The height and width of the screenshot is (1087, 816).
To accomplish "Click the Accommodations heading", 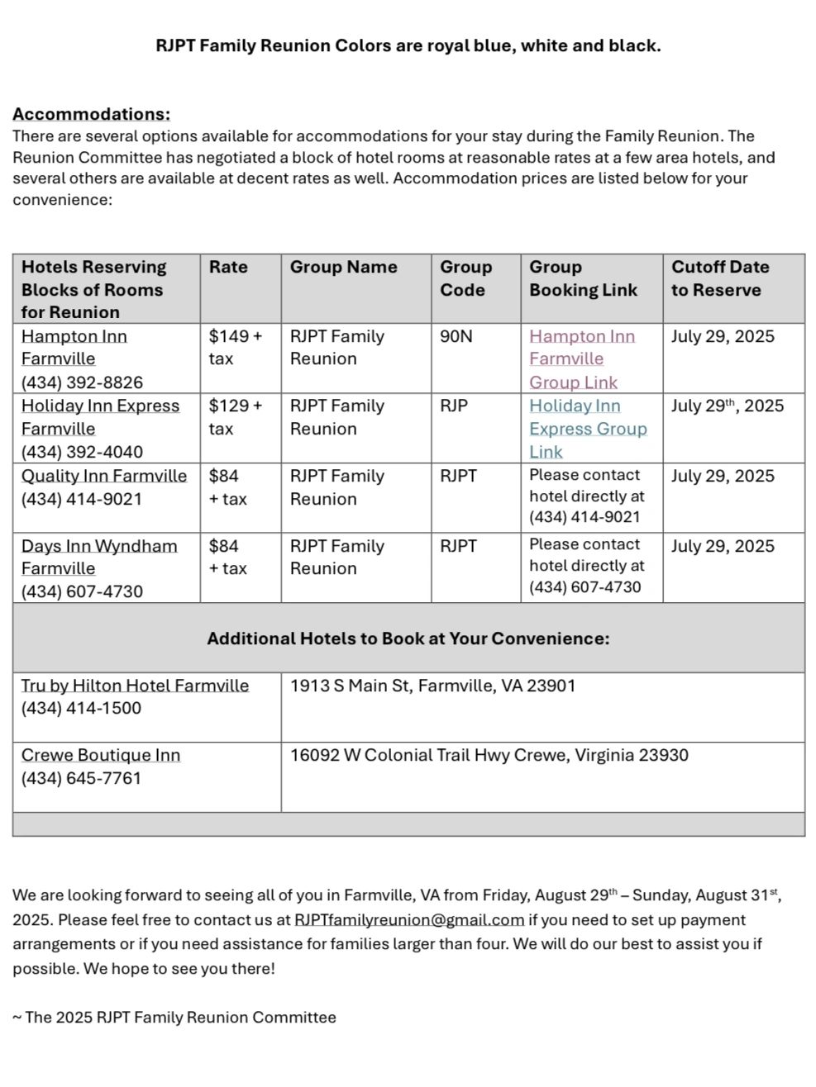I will click(x=91, y=114).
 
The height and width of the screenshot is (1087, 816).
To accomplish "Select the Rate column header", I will click(x=228, y=267).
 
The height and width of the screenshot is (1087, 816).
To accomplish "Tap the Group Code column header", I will click(x=465, y=278).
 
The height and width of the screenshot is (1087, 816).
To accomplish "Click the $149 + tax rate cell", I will click(x=236, y=347).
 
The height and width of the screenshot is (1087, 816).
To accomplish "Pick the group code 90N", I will click(x=456, y=336).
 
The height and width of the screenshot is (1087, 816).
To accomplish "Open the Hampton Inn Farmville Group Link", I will click(x=582, y=359).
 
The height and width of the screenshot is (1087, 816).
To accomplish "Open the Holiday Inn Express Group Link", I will click(x=587, y=429).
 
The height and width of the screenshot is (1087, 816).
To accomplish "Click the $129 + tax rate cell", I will click(x=236, y=417).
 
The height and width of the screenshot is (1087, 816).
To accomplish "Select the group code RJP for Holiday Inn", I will click(x=454, y=406).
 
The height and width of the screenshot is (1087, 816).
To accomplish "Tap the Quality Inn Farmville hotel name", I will click(x=104, y=476).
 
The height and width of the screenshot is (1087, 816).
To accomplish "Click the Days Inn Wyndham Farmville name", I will click(x=99, y=557).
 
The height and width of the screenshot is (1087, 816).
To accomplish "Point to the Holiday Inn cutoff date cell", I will click(x=728, y=406).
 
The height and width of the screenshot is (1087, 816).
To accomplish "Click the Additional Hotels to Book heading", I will click(x=408, y=638).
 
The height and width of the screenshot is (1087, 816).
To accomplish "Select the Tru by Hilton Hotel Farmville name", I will click(x=135, y=686).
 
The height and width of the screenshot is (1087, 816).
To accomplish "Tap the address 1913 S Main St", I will click(x=432, y=686).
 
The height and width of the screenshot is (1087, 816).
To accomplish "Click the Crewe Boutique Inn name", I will click(x=101, y=755).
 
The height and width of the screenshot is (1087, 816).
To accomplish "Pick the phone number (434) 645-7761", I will click(x=81, y=778).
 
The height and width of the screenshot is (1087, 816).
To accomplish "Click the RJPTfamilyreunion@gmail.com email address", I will click(x=409, y=920).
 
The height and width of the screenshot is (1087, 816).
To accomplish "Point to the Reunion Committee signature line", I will click(x=174, y=1018).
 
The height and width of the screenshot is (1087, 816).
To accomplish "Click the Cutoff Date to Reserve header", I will click(x=719, y=278).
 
